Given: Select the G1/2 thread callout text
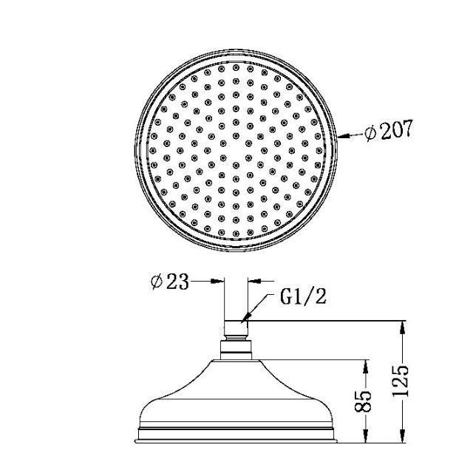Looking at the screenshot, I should [302, 298].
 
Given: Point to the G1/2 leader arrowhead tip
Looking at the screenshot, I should [246, 319].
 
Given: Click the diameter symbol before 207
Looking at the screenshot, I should [370, 135].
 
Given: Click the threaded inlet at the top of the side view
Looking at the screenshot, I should [236, 328].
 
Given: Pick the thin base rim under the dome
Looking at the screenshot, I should [236, 436].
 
